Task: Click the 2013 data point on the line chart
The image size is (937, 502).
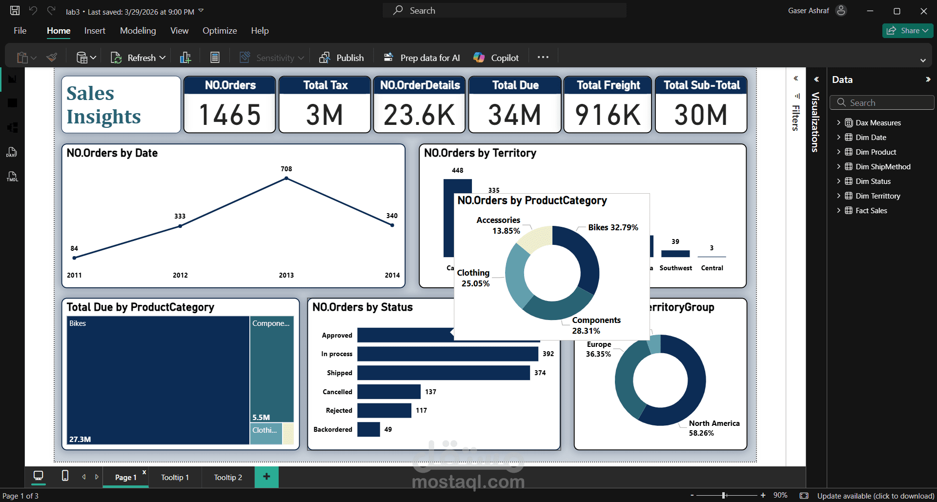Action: click(286, 179)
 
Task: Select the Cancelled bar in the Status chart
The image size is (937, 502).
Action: click(388, 392)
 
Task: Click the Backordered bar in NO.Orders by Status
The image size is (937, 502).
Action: click(368, 429)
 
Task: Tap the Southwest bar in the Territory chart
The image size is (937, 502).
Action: click(675, 254)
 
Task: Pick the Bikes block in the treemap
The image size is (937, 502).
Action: click(158, 381)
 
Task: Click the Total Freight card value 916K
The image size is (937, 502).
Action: click(608, 115)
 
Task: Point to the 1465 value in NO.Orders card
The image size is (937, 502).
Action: click(230, 115)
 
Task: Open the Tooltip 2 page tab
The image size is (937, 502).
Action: click(228, 477)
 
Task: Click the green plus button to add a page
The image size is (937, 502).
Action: click(266, 477)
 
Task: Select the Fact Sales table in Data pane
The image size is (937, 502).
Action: click(871, 210)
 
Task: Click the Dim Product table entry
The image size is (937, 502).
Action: click(876, 152)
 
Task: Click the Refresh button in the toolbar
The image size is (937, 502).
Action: click(138, 58)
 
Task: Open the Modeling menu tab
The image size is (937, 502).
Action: click(138, 31)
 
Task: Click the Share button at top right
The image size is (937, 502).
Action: click(907, 31)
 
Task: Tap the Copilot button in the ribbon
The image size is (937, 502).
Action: click(496, 58)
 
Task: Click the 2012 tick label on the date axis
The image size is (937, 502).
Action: click(180, 275)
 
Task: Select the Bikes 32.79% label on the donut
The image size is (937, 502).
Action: click(613, 227)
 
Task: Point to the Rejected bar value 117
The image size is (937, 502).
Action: click(421, 410)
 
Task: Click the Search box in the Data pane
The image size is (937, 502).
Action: click(882, 102)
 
